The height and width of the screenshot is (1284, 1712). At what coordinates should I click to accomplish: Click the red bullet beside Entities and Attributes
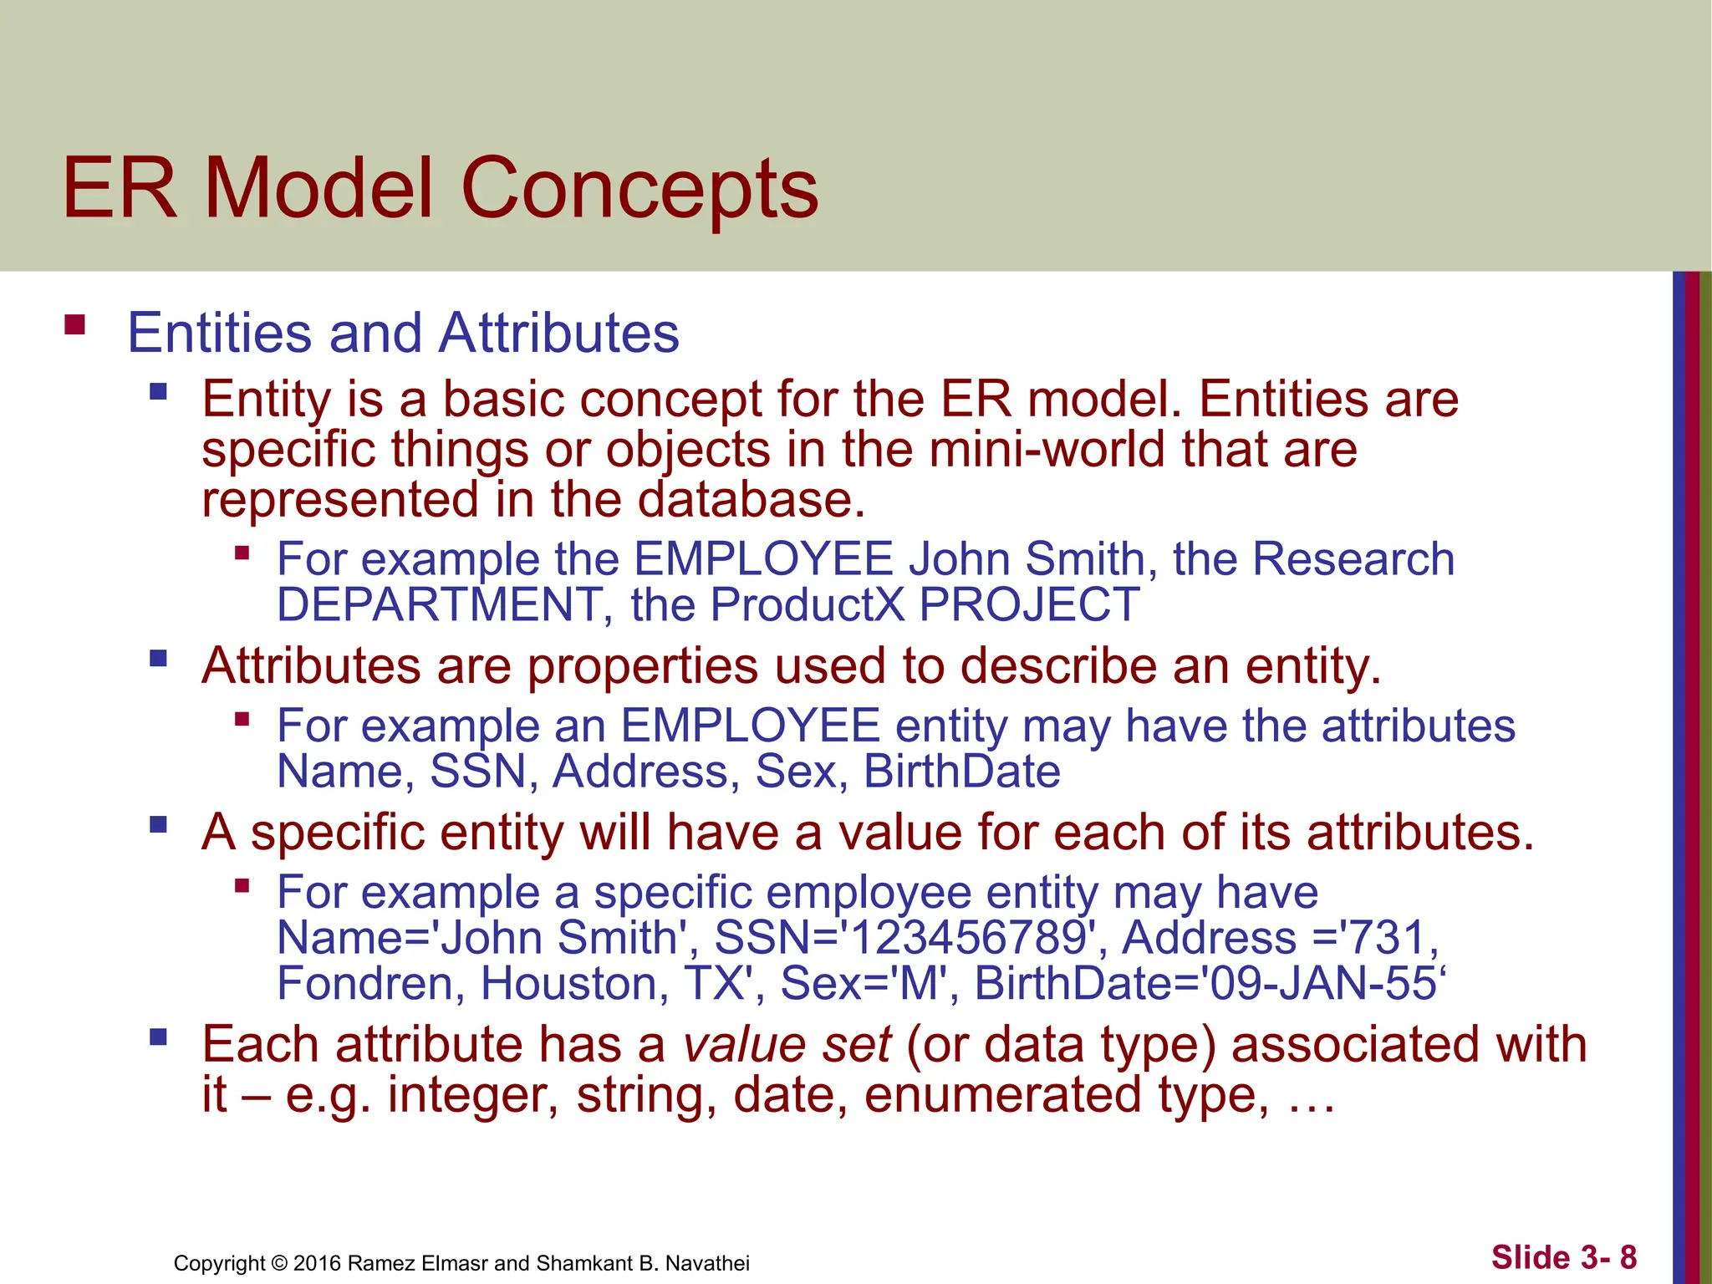click(x=75, y=324)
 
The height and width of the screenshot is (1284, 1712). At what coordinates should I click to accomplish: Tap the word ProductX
click(x=808, y=604)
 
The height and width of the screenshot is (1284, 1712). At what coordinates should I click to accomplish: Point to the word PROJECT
click(x=1029, y=604)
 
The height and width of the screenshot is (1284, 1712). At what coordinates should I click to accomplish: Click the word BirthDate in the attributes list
click(x=961, y=772)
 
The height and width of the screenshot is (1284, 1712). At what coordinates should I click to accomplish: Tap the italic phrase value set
click(x=787, y=1045)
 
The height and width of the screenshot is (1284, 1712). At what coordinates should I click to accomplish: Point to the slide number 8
click(x=1628, y=1257)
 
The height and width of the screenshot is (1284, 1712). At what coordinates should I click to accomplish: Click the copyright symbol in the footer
click(x=279, y=1263)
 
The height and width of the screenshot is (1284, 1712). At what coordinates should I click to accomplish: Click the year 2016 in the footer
click(x=317, y=1263)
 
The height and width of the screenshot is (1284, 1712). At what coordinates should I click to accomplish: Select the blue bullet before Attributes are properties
click(x=158, y=659)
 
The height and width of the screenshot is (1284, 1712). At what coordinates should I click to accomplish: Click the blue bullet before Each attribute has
click(x=158, y=1038)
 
